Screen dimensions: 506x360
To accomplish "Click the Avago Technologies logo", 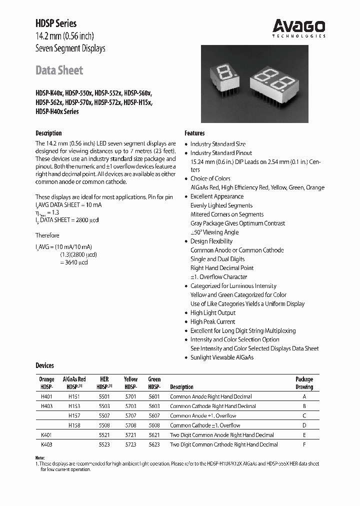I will point(299,27).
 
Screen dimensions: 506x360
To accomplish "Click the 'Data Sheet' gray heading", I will point(59,70).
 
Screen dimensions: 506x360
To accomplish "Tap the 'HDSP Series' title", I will point(56,23).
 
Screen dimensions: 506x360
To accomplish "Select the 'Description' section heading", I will point(48,133).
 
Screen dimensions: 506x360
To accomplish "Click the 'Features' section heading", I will point(194,133).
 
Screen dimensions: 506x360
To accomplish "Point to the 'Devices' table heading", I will point(44,365).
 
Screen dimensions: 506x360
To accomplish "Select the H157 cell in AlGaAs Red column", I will point(74,415).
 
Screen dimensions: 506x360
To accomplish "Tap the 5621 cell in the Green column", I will point(154,435).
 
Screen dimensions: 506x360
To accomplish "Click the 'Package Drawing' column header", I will point(304,383).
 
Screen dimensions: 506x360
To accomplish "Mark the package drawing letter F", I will point(304,444).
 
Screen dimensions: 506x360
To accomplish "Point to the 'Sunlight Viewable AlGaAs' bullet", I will point(221,357).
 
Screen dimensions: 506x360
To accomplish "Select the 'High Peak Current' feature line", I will point(212,321).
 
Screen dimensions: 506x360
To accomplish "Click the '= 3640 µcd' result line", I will point(73,262).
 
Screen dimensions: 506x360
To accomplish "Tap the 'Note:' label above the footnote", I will point(40,458).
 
